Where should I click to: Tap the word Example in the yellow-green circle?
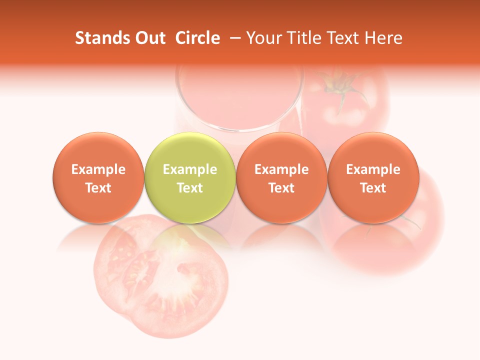click(190, 169)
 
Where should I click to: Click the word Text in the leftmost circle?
click(98, 188)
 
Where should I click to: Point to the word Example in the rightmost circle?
click(373, 169)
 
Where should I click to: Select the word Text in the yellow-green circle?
click(190, 188)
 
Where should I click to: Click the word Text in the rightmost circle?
click(373, 188)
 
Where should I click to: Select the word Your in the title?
click(262, 38)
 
